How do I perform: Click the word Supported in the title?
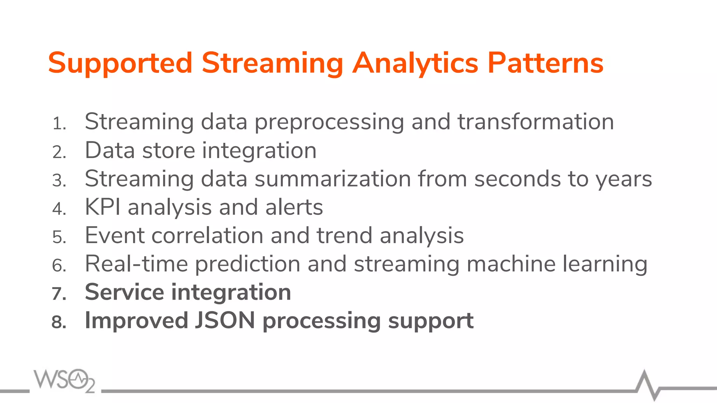pos(120,63)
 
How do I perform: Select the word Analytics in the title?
pos(415,63)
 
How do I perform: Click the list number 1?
pos(59,124)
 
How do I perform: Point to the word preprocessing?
pos(329,122)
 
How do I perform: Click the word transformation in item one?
pos(536,122)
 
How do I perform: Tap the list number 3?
pos(59,181)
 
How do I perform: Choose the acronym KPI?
pos(103,207)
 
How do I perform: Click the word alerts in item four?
pos(294,207)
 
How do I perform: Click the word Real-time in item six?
pos(136,264)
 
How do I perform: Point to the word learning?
pos(605,264)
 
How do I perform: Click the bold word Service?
pos(124,292)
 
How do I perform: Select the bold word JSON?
pos(225,320)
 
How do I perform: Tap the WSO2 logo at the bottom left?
pos(64,380)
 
